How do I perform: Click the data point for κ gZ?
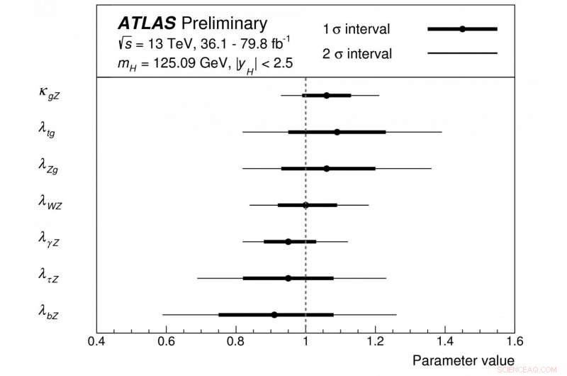point(326,95)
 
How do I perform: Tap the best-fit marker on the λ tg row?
point(337,132)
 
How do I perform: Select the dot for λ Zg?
point(326,169)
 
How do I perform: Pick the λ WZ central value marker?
point(305,205)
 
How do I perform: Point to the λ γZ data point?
point(288,242)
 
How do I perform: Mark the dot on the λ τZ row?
point(288,278)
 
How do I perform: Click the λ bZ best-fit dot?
point(274,314)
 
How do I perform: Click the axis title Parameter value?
point(463,361)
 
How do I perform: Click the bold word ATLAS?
point(147,23)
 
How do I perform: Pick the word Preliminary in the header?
point(226,23)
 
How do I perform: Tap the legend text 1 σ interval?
point(357,29)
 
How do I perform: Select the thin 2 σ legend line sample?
point(462,53)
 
